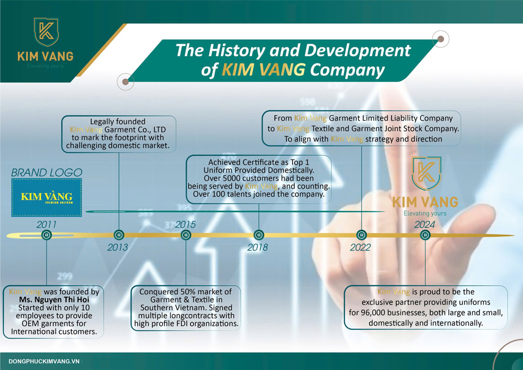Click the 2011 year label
coord(46,225)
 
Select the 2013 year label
coord(117,247)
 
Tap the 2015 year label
coord(185,225)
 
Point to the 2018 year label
coord(258,247)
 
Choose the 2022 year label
coord(361,247)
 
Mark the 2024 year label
coord(424,225)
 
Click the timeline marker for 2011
coord(46,235)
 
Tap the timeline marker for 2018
coord(258,235)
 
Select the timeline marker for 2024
coord(424,235)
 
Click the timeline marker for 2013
coord(117,235)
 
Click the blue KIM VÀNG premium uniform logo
coord(46,198)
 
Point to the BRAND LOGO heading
coord(46,173)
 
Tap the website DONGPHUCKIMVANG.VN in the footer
coord(45,361)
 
